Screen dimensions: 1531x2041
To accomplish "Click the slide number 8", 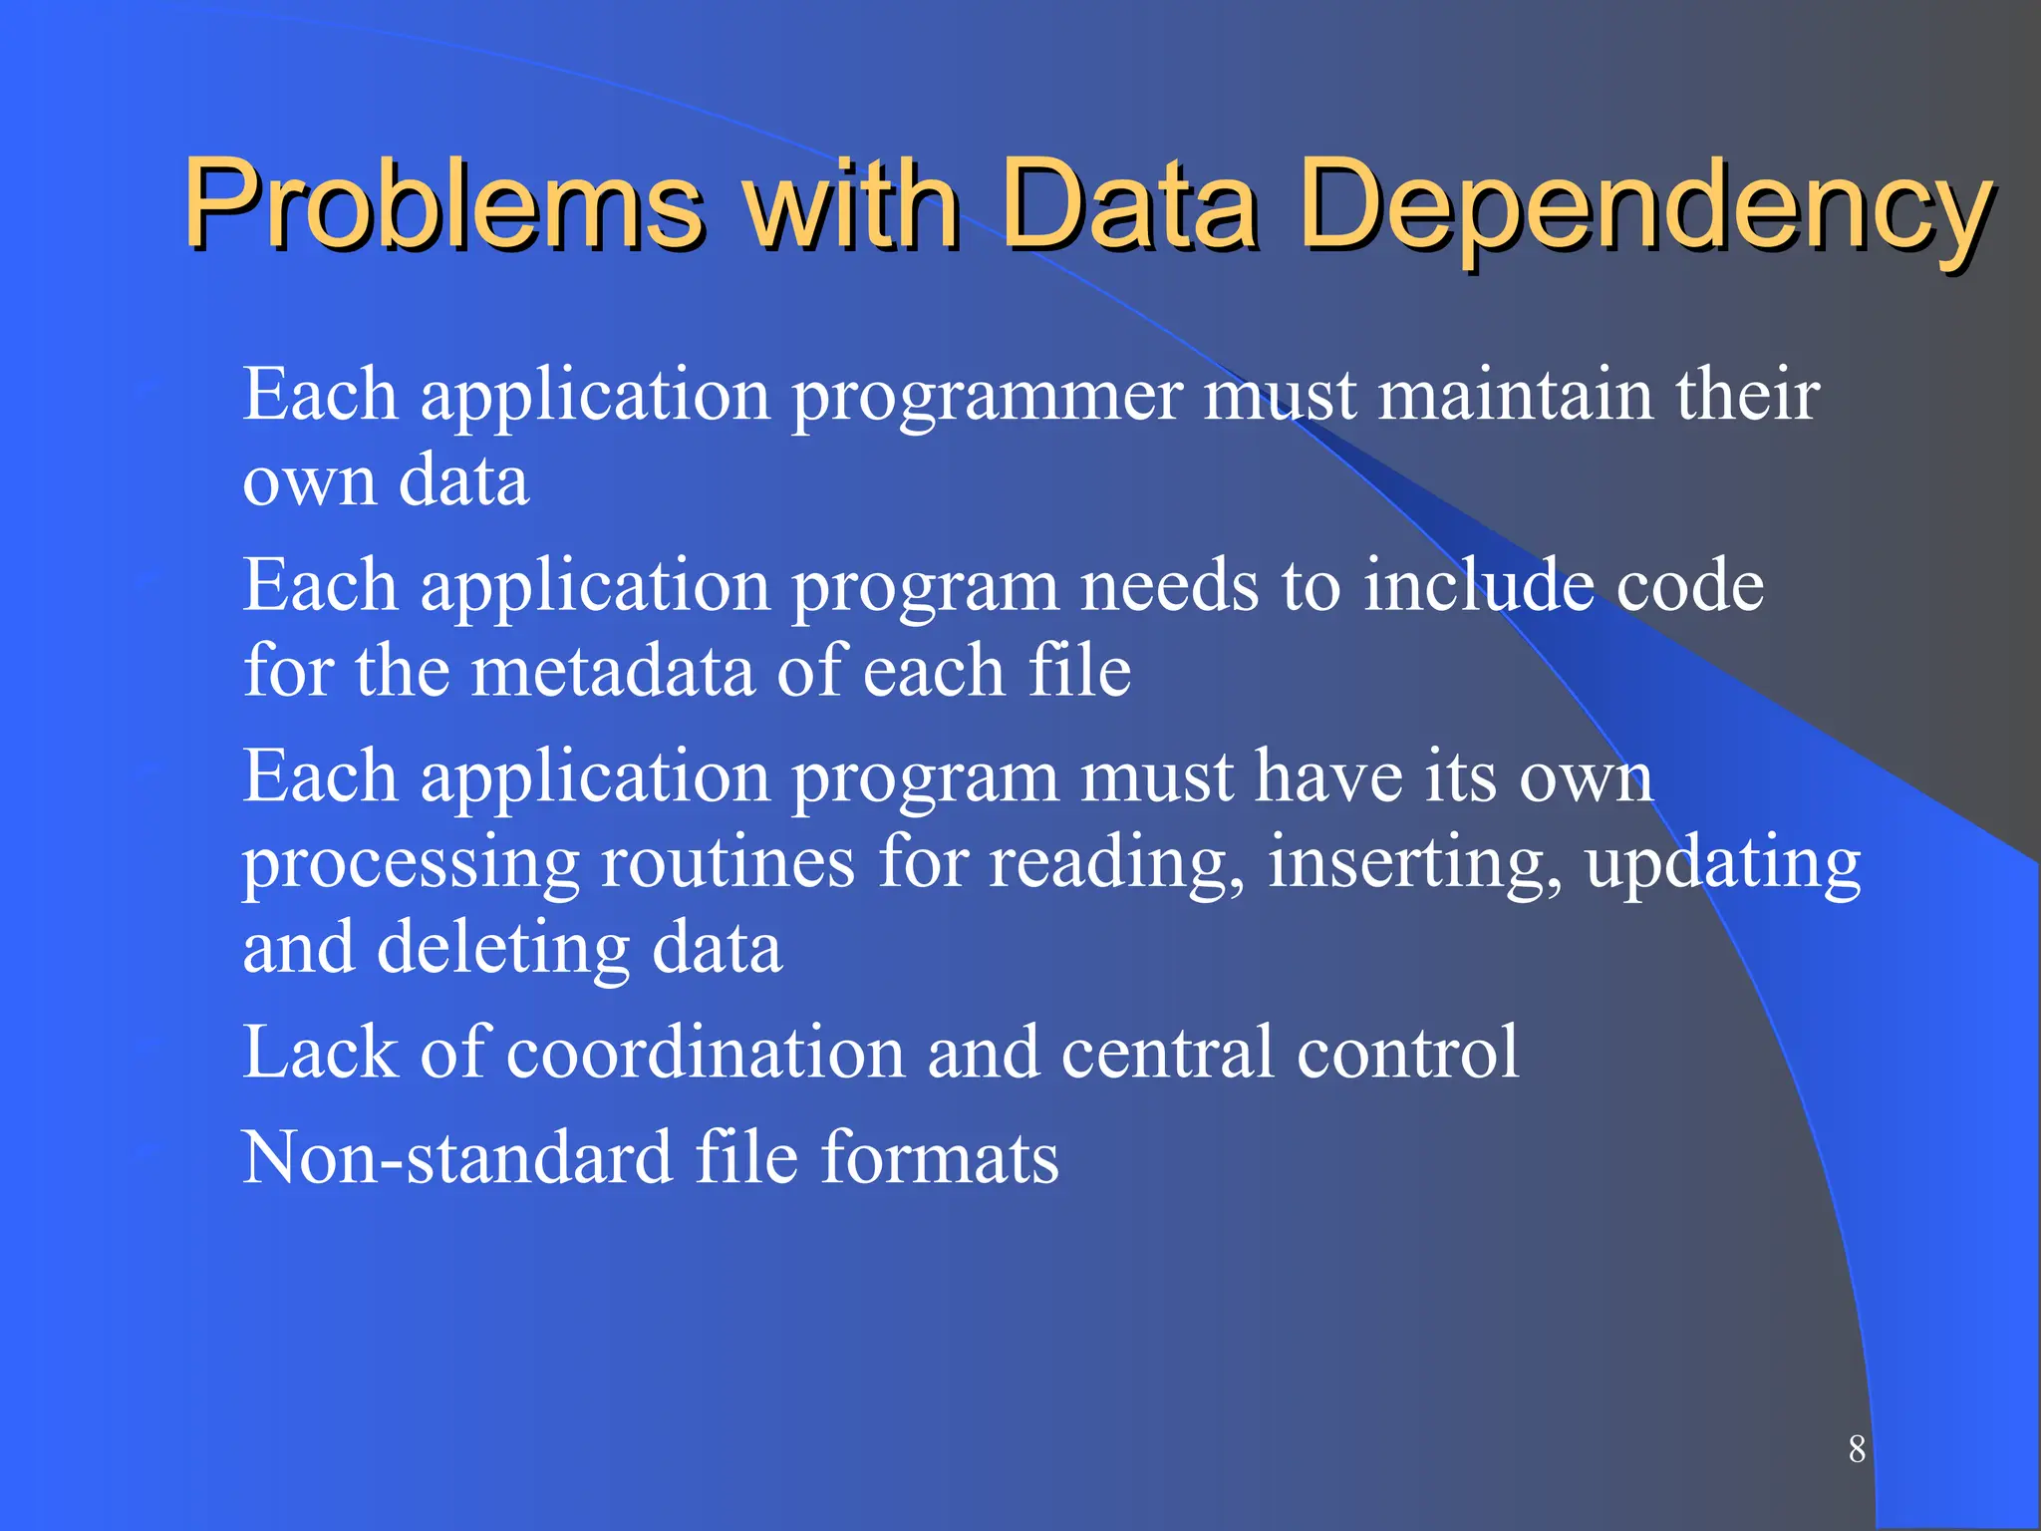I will [x=1857, y=1448].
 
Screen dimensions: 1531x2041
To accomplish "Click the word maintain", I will [x=1515, y=394].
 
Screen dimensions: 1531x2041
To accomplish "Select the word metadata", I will [x=612, y=670].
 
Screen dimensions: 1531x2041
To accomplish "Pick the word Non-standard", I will [x=457, y=1157].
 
